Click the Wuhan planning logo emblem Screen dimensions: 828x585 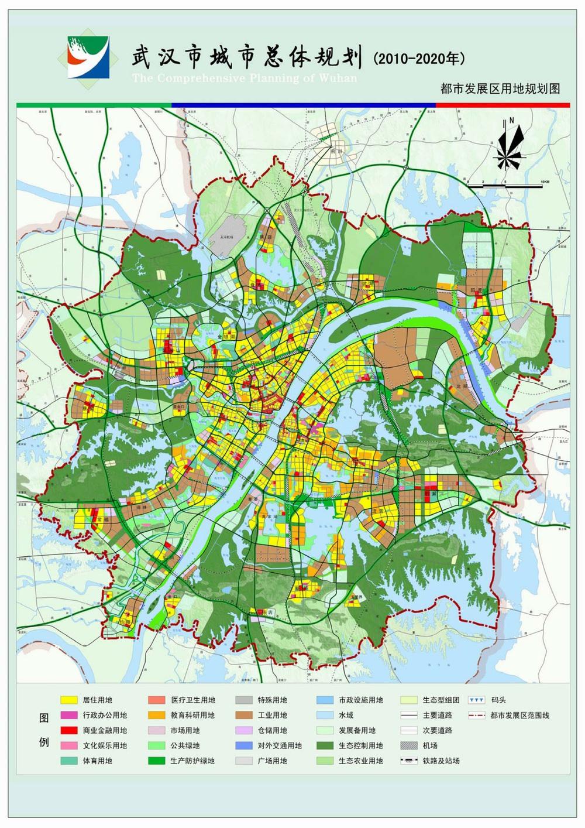[x=88, y=57]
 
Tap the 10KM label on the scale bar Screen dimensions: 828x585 [x=544, y=183]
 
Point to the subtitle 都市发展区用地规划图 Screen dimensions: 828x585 [x=500, y=88]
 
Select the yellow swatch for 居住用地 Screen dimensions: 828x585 [x=69, y=700]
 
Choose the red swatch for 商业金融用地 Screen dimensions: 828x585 [x=69, y=730]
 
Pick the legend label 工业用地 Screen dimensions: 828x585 [x=272, y=715]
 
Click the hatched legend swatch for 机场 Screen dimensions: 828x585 [x=409, y=745]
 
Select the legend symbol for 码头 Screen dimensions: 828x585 [x=477, y=700]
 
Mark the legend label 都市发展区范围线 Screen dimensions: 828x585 [x=520, y=715]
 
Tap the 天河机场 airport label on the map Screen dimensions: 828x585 [x=226, y=237]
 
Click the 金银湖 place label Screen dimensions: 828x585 [x=225, y=337]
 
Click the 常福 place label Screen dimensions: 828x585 [x=103, y=519]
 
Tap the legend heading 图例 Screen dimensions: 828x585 [x=44, y=730]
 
